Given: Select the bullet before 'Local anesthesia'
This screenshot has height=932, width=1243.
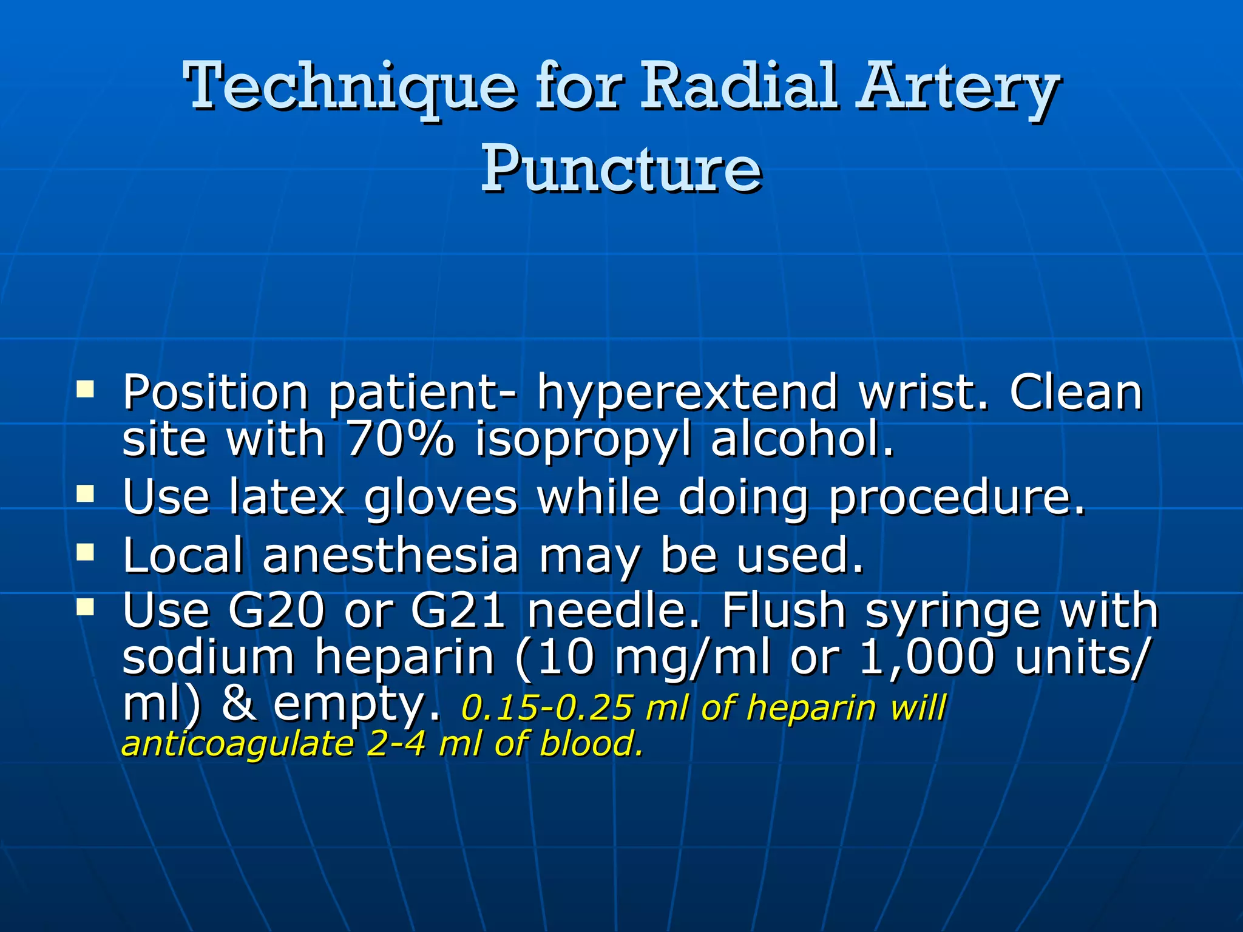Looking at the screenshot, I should coord(85,552).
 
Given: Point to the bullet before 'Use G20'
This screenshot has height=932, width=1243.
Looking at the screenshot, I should coord(85,606).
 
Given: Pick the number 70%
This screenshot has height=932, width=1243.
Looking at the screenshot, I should coord(400,439).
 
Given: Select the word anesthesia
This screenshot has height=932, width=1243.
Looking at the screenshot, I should coord(390,556).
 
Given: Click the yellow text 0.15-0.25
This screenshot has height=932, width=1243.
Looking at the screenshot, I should coord(546,708).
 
